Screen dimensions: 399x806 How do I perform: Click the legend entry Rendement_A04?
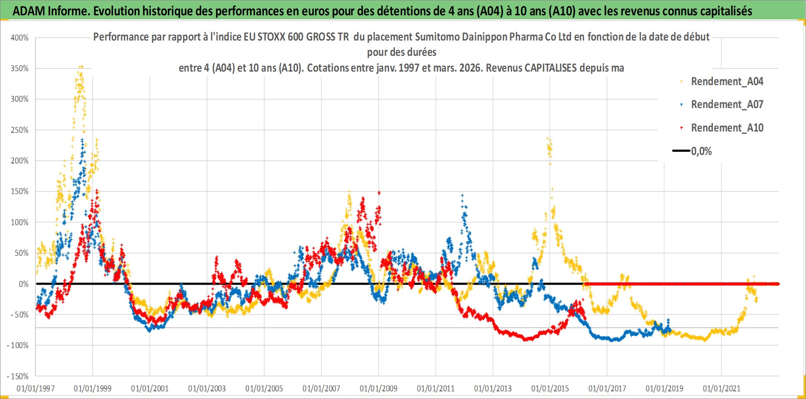(x=727, y=82)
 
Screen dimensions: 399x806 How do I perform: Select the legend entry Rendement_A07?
(x=727, y=104)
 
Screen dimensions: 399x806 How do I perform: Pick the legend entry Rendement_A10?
(x=727, y=128)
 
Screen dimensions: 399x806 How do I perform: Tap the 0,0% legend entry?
(x=701, y=151)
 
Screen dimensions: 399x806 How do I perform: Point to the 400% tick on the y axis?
(x=20, y=38)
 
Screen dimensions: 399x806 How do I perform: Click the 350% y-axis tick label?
(x=20, y=68)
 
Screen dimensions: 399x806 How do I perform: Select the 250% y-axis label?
(x=20, y=130)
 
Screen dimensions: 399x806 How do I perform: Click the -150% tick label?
(x=18, y=376)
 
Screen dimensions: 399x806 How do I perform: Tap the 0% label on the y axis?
(x=23, y=284)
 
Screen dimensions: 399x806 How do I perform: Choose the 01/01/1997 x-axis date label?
(x=36, y=388)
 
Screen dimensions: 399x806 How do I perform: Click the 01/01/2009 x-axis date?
(x=379, y=388)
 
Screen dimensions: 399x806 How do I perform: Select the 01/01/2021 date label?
(x=721, y=388)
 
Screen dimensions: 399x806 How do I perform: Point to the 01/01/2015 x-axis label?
(x=550, y=388)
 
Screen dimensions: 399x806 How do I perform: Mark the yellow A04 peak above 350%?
(x=81, y=67)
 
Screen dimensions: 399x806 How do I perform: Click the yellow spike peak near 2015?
(x=548, y=139)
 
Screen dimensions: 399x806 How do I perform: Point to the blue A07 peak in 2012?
(x=462, y=196)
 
